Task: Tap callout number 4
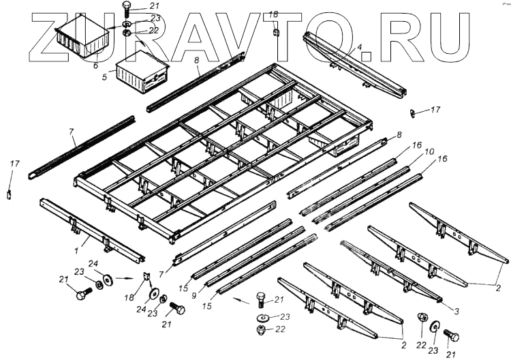tap(359, 48)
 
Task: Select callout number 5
tap(104, 78)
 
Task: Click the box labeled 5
tap(142, 72)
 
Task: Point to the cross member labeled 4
tap(354, 65)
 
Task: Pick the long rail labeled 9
tap(259, 256)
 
